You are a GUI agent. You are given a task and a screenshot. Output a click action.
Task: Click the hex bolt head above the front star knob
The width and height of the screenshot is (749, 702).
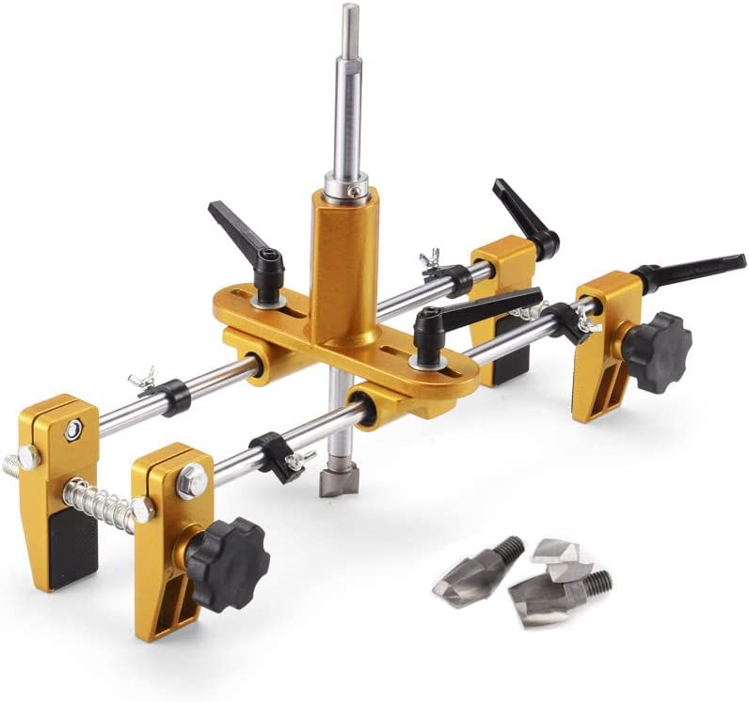(192, 480)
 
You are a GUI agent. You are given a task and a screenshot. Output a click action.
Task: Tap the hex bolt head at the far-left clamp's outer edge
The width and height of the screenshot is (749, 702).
(27, 458)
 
